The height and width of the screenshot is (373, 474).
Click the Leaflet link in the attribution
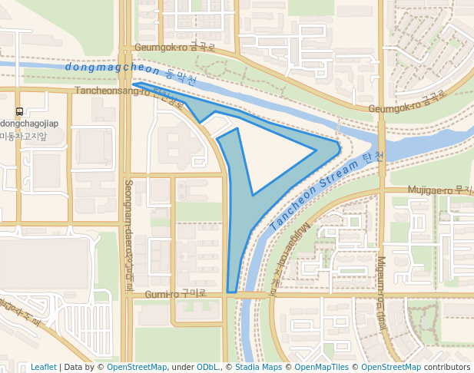click(43, 367)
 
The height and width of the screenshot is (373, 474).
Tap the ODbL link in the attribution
click(207, 367)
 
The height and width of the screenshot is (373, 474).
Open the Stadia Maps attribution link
click(259, 367)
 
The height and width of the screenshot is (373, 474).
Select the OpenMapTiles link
click(321, 367)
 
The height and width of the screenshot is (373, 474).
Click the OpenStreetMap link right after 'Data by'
click(137, 367)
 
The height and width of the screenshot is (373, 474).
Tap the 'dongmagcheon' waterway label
click(112, 68)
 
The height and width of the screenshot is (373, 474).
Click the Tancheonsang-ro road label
click(112, 91)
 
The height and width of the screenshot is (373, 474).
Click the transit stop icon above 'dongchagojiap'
click(19, 111)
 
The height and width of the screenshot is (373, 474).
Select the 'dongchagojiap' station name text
click(29, 124)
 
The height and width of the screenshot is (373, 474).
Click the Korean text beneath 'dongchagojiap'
click(23, 136)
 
